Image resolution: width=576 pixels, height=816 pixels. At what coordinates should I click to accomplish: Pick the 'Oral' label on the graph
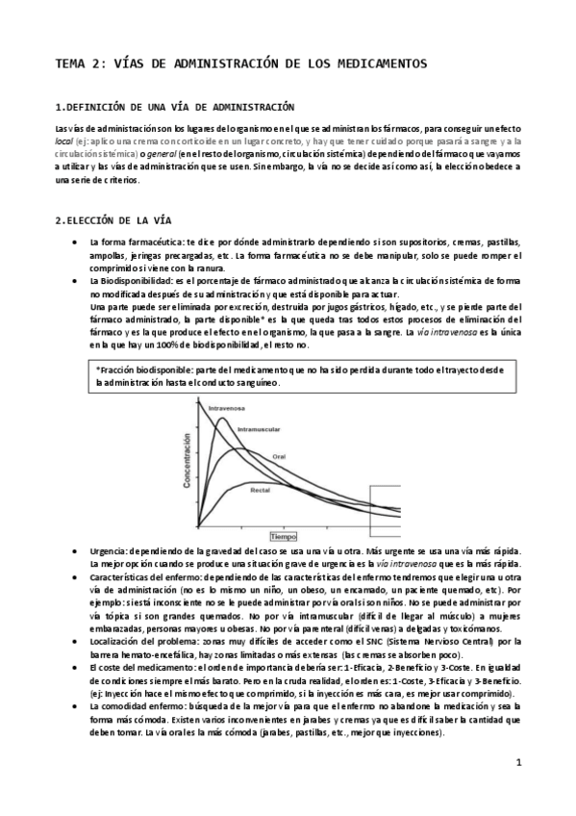click(307, 456)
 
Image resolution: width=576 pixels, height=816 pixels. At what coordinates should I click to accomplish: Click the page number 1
click(517, 763)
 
